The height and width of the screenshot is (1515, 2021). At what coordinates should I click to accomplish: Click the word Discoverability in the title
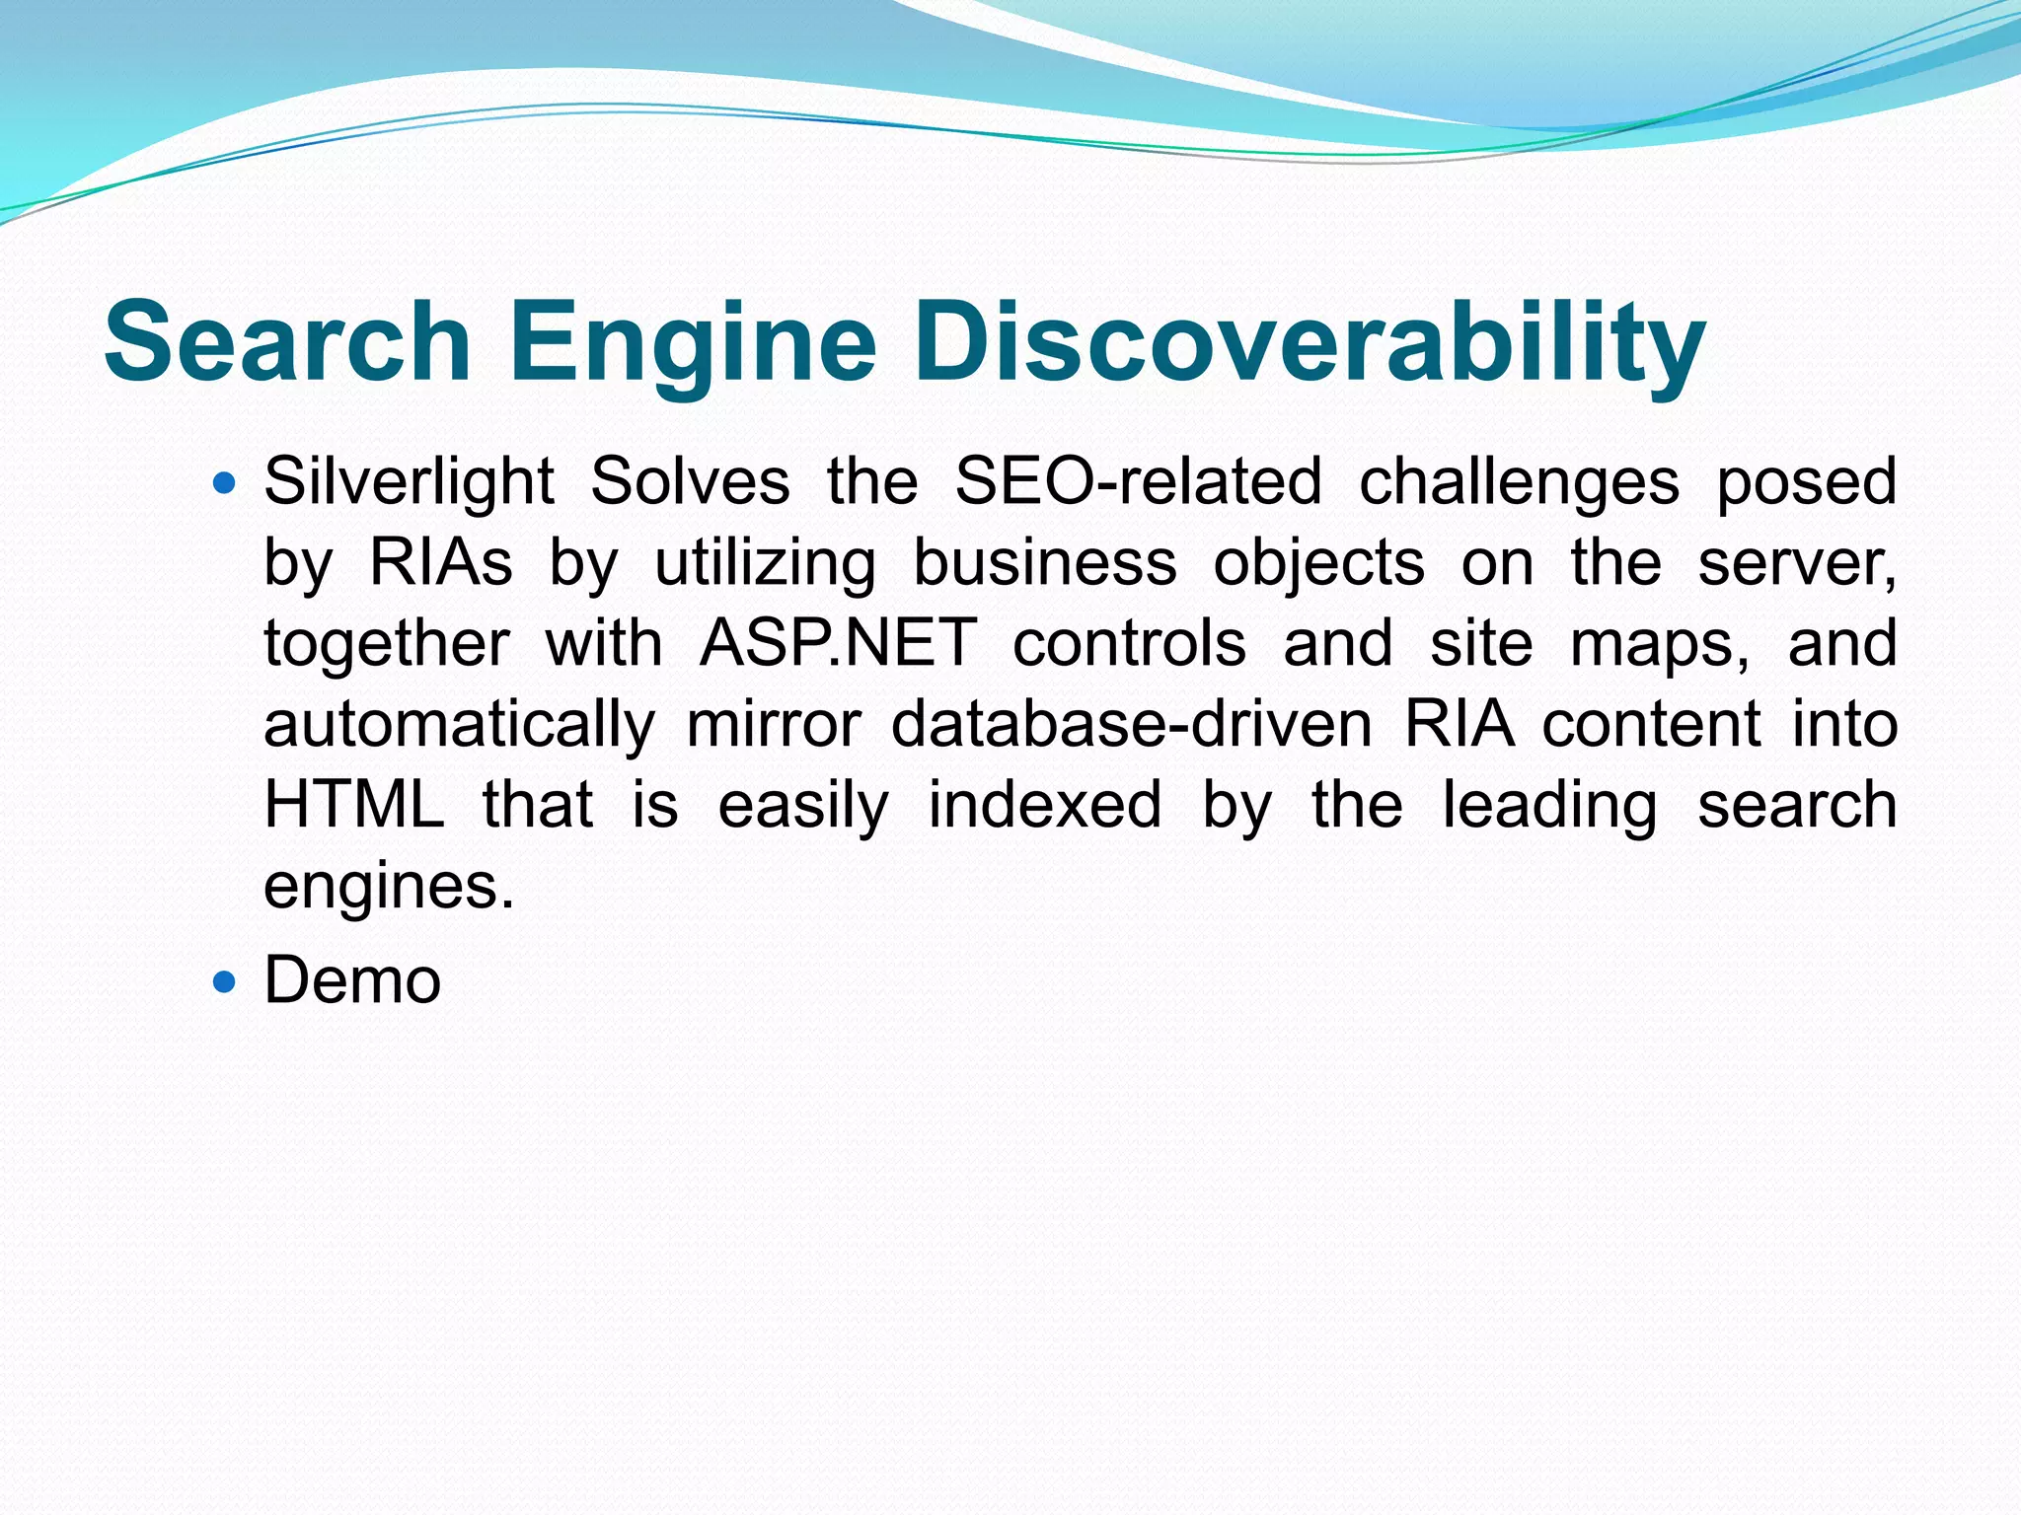(1309, 343)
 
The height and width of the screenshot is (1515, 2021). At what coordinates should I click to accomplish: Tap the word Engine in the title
(693, 343)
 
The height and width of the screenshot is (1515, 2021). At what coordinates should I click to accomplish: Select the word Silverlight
(409, 482)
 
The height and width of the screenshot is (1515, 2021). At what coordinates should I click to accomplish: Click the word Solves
(690, 482)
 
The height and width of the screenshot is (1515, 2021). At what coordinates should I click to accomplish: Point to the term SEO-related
(1138, 482)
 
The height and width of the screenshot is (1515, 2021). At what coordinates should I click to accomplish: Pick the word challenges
(1519, 482)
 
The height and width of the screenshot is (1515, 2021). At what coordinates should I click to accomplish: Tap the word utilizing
(765, 564)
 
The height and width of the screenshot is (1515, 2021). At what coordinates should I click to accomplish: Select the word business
(1045, 563)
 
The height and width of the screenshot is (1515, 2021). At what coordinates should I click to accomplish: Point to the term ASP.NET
(838, 644)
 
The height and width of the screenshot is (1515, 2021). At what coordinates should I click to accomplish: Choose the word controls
(1130, 644)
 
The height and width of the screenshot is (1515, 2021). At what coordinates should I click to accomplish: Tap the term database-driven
(1131, 725)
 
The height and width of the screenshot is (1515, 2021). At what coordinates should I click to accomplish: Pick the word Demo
(352, 981)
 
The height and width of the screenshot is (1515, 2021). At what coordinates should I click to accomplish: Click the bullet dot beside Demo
(226, 981)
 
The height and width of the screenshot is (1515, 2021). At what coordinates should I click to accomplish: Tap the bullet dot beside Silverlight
(226, 483)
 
